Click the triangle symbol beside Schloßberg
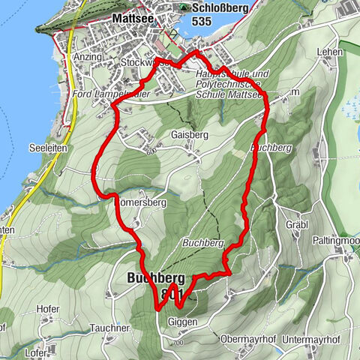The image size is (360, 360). point(184,7)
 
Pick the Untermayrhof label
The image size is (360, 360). point(313,339)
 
